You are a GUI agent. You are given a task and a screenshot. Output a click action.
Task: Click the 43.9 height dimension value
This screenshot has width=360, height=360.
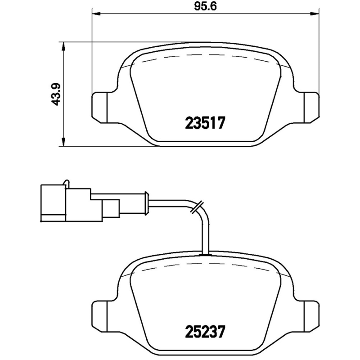pyautogui.click(x=56, y=94)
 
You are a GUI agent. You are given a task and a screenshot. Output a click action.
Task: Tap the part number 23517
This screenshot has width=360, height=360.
pyautogui.click(x=205, y=122)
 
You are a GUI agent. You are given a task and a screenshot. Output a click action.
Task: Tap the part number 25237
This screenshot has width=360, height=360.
pyautogui.click(x=205, y=332)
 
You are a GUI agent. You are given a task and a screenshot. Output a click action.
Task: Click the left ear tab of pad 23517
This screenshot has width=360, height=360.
pyautogui.click(x=100, y=106)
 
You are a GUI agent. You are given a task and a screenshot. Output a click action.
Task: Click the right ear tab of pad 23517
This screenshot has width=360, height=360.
pyautogui.click(x=310, y=106)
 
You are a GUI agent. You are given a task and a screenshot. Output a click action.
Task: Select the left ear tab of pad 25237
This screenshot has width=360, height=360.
pyautogui.click(x=100, y=315)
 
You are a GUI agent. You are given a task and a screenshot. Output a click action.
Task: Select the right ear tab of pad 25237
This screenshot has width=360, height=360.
pyautogui.click(x=310, y=315)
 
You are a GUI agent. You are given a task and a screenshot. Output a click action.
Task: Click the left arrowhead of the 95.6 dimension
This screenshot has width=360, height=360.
pyautogui.click(x=95, y=13)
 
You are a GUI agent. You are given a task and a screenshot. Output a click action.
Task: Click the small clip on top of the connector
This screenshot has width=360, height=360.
pyautogui.click(x=67, y=183)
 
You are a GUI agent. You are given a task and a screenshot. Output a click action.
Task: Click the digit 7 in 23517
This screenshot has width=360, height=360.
pyautogui.click(x=220, y=122)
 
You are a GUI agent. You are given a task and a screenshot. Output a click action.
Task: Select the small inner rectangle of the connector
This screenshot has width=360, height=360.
pyautogui.click(x=111, y=209)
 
